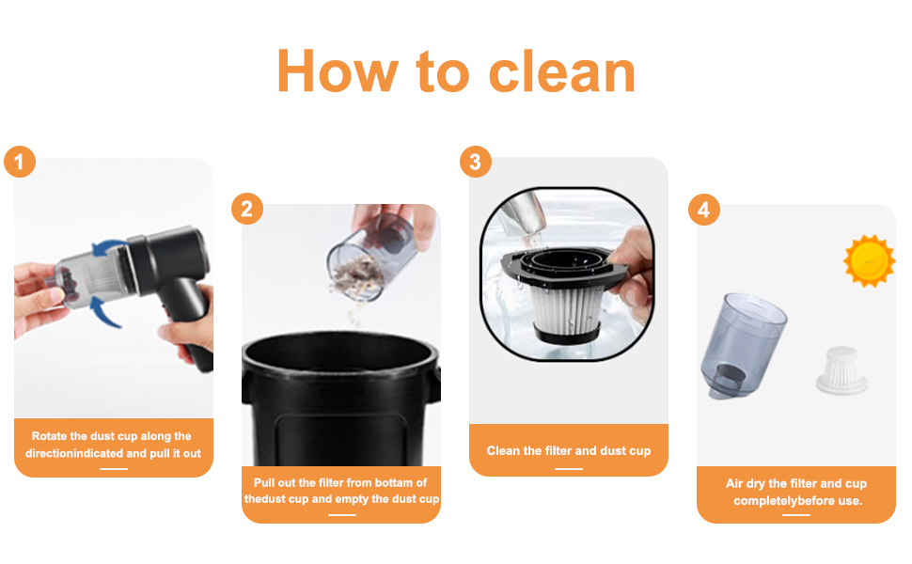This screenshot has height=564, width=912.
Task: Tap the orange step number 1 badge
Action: pos(20,162)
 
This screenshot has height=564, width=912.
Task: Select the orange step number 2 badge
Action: pos(246,209)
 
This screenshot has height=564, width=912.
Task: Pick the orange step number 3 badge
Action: pos(475,162)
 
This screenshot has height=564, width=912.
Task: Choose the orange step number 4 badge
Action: pos(703,209)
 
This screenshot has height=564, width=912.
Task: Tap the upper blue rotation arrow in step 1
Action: pos(111,250)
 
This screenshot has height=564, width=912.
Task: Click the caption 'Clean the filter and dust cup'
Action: pos(568,451)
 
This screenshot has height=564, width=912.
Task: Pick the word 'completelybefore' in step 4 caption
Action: pos(784,501)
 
